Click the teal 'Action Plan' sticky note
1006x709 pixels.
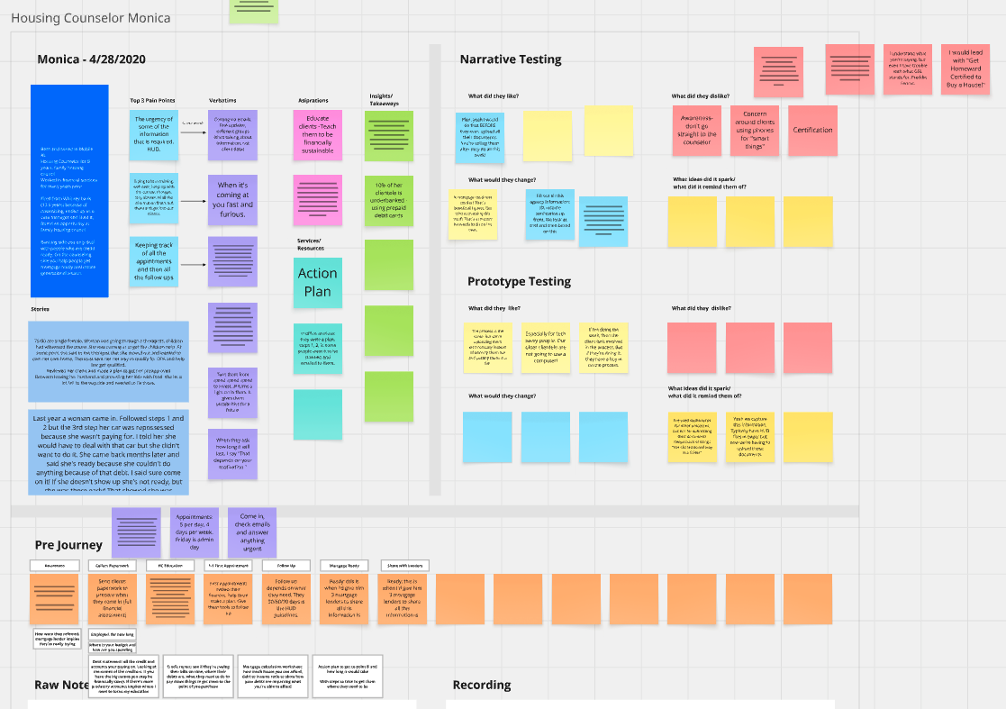tap(317, 282)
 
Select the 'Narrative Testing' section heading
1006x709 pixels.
tap(510, 59)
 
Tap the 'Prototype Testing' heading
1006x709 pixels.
tap(519, 281)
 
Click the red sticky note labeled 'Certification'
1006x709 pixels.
tap(812, 130)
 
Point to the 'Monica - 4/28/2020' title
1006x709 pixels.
tap(91, 59)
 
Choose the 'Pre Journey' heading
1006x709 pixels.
tap(68, 545)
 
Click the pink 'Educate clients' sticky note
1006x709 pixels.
tap(317, 134)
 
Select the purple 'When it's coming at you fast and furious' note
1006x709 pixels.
tap(232, 199)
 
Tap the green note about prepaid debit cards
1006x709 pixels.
tap(388, 199)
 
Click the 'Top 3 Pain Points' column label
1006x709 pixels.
tap(153, 100)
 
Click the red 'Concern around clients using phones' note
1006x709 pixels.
tap(754, 130)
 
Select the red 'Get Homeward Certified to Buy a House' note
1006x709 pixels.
tap(965, 70)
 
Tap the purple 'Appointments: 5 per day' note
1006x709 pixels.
tap(194, 532)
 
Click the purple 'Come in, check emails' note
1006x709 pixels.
tap(251, 532)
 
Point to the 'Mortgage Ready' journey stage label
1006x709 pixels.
tap(344, 565)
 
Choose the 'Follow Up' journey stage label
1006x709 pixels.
tap(285, 565)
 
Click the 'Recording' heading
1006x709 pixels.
tap(482, 685)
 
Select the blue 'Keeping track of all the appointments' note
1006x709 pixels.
tap(153, 261)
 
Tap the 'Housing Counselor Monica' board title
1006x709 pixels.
tap(90, 18)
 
